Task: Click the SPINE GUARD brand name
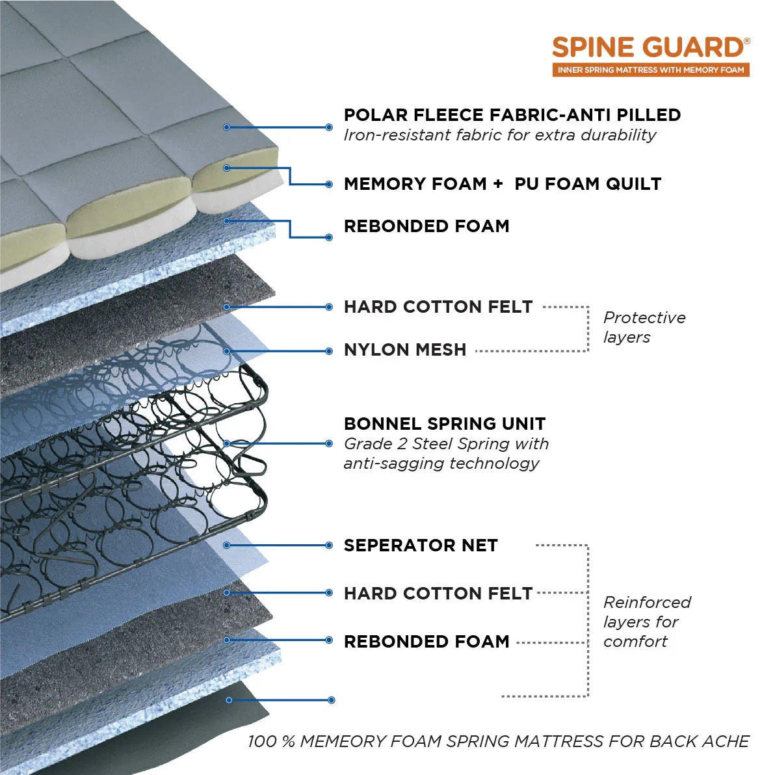point(648,48)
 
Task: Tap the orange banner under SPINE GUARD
point(651,70)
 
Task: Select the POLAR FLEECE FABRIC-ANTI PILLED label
point(512,115)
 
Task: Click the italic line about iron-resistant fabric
point(499,135)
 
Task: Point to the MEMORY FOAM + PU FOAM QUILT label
point(502,184)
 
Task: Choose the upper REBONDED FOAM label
point(427,226)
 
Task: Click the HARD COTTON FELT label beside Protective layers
point(438,307)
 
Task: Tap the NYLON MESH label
point(405,350)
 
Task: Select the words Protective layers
point(644,327)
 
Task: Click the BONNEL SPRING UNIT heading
point(445,424)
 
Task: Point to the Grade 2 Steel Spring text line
point(446,444)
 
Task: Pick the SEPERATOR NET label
point(421,545)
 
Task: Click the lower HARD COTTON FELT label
point(438,593)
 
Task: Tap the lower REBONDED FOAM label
point(427,642)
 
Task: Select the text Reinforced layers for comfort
point(646,622)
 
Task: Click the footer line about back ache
point(498,741)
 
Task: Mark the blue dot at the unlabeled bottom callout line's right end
point(332,700)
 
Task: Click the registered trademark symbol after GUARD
point(746,41)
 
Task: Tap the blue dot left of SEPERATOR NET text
point(329,545)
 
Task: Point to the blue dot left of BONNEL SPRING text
point(329,443)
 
